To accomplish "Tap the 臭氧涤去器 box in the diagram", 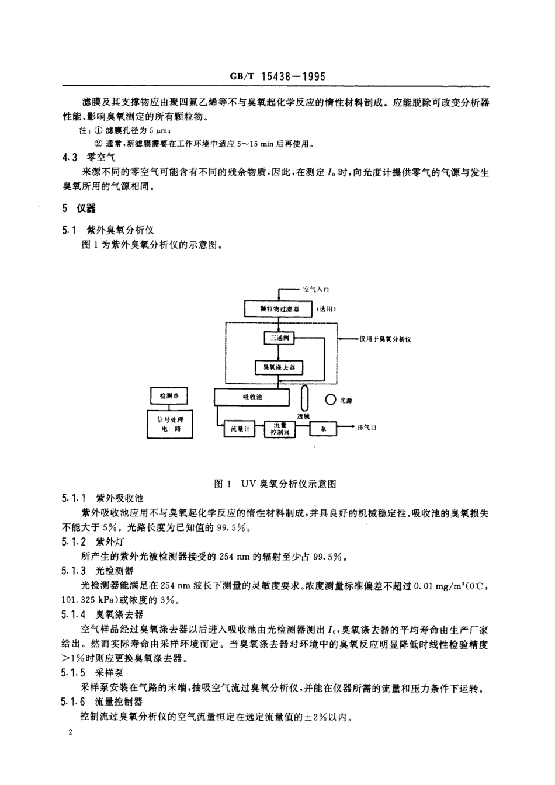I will coord(279,367).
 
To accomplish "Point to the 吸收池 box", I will coord(252,397).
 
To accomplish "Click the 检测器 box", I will coord(169,397).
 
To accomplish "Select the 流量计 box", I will coord(239,429).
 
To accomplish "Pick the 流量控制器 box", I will coord(280,429).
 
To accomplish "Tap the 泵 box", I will coord(327,429).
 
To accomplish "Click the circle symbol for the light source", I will coord(331,400).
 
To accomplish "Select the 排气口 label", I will coord(367,428).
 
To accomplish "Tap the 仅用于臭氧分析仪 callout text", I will coord(385,339).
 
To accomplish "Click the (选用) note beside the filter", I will coord(327,309).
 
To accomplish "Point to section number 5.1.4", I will coord(74,614).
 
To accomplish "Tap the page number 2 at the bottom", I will coord(70,732).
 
